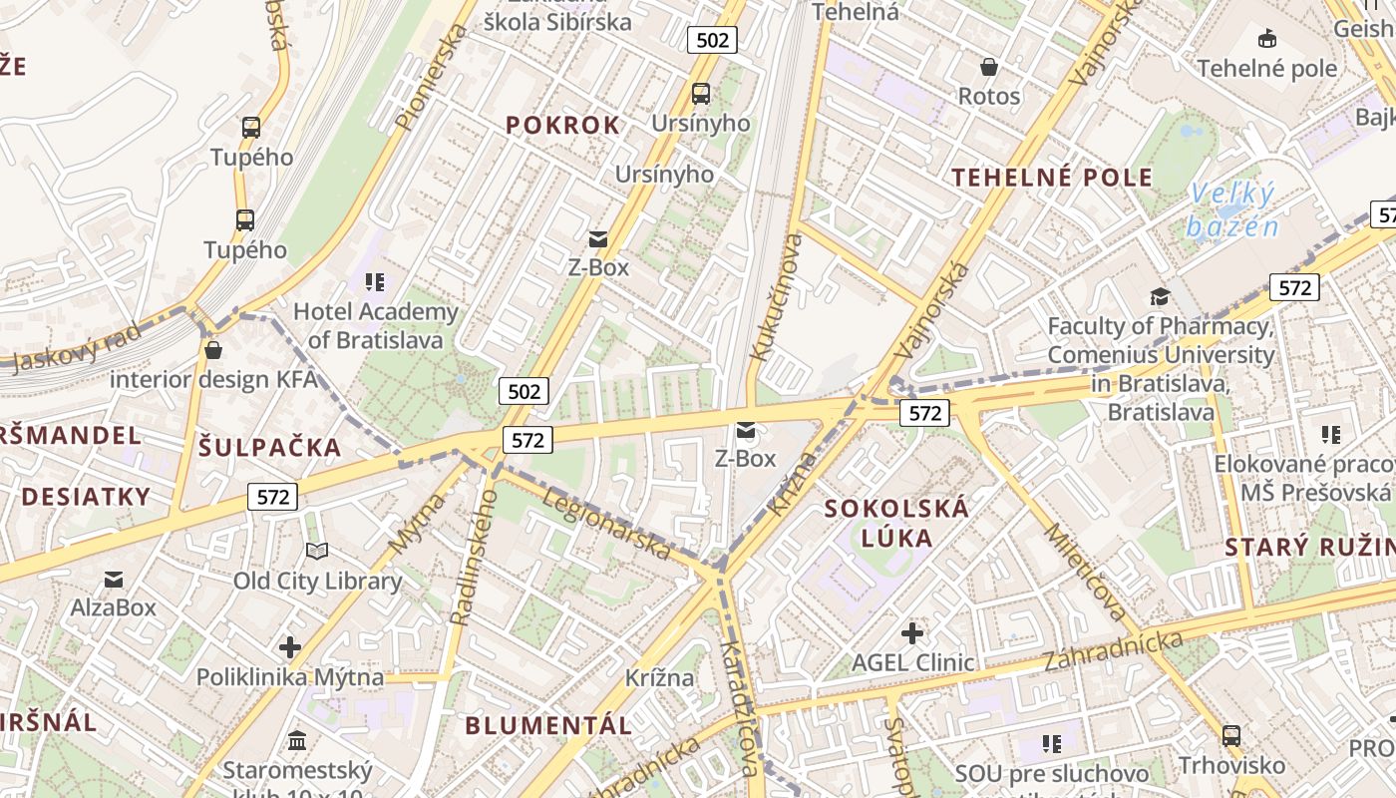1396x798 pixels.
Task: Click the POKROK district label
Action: point(562,126)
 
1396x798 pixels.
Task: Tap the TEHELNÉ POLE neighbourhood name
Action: point(1052,179)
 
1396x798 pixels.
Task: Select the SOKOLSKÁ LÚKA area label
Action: point(896,524)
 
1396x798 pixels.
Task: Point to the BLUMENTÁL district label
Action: point(548,725)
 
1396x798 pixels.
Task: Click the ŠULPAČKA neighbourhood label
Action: point(269,448)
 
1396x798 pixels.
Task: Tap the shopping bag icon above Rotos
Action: point(989,67)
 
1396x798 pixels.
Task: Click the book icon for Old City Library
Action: point(317,552)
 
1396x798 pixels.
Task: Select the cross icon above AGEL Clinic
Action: point(912,632)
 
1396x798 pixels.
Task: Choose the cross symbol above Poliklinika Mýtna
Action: point(290,648)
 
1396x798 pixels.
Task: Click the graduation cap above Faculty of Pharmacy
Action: point(1160,296)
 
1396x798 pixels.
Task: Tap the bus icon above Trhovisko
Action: point(1231,736)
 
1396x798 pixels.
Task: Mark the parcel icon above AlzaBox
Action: point(114,579)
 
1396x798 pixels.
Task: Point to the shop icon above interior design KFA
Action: point(212,350)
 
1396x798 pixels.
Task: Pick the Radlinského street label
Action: point(474,557)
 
